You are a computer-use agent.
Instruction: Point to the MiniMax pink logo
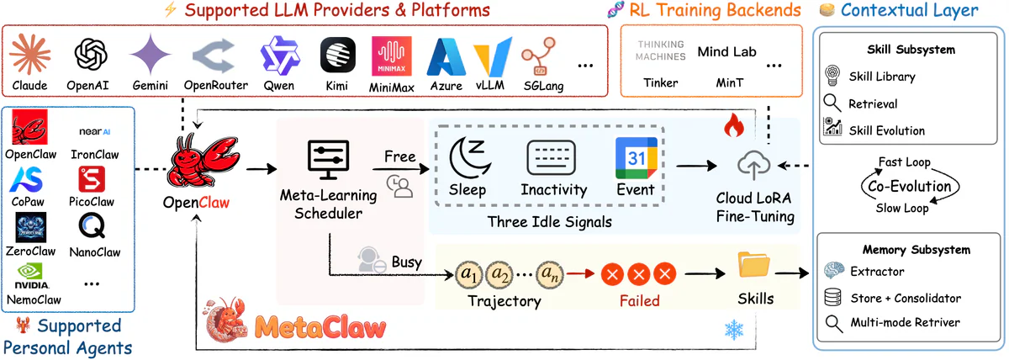point(390,56)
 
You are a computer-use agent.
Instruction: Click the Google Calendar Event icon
point(635,157)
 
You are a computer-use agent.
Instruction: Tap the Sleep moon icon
point(468,157)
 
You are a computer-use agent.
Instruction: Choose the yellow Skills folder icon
point(753,265)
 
